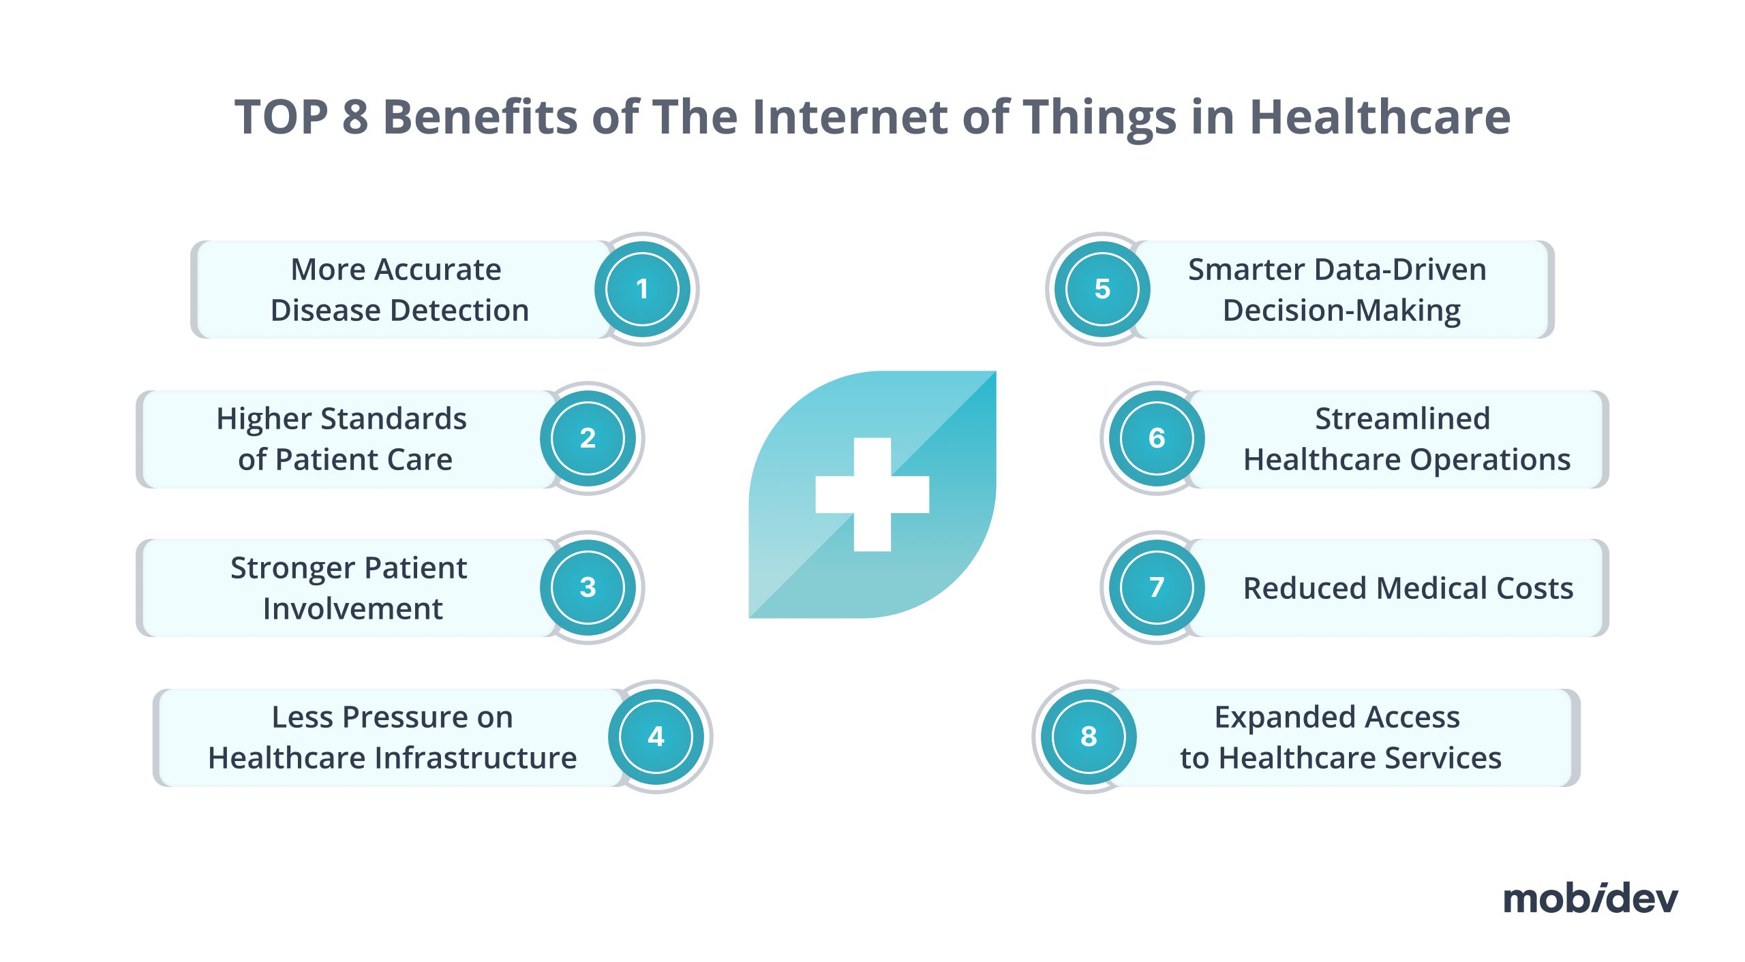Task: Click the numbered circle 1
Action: pos(642,289)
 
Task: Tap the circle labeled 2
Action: pos(588,438)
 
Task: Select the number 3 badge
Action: pos(588,587)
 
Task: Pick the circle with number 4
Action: pos(656,736)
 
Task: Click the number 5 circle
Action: pos(1102,289)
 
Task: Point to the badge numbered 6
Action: pos(1157,438)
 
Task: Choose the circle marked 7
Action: pos(1157,587)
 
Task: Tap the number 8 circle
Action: pos(1089,736)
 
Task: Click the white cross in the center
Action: pos(872,494)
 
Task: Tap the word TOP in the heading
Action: pos(282,117)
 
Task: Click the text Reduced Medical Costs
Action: pos(1408,588)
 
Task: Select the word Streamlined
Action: pos(1402,418)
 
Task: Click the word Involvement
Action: pos(353,608)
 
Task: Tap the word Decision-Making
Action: pos(1341,311)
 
